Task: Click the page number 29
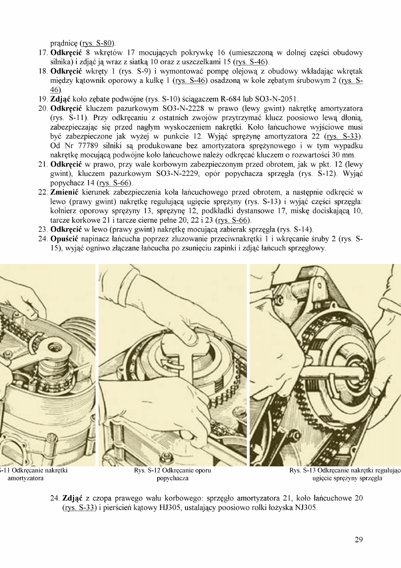click(358, 540)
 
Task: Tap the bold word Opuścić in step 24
click(66, 238)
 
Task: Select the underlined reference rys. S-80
click(97, 44)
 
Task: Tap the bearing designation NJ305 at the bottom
click(306, 508)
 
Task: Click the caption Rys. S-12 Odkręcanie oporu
click(172, 471)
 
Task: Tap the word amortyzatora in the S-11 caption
click(26, 478)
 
